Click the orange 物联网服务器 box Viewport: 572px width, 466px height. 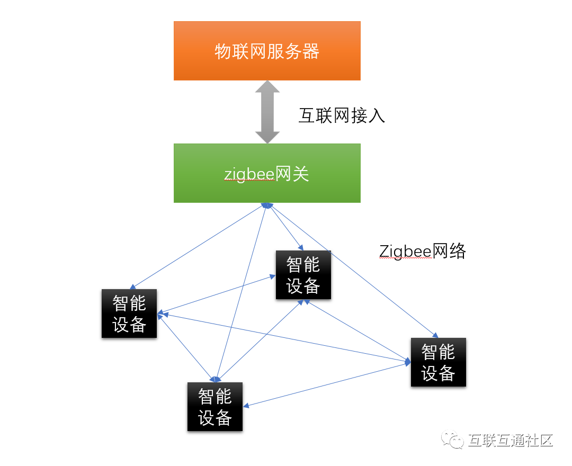click(267, 51)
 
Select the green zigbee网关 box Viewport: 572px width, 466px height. click(267, 173)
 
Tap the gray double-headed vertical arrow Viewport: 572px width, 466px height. click(267, 112)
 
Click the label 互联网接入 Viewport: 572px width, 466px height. click(342, 115)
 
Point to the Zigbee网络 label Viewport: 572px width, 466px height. click(423, 250)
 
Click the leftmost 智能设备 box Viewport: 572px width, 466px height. click(129, 313)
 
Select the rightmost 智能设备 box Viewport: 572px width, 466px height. click(438, 362)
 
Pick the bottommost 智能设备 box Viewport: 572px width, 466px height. click(215, 406)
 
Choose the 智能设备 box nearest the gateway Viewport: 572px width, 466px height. click(303, 274)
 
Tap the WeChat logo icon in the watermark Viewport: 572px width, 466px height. click(454, 440)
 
